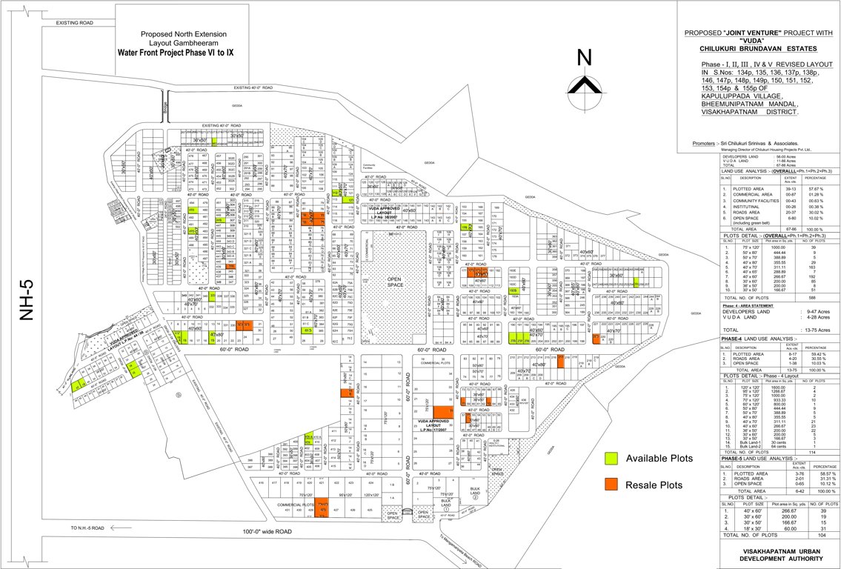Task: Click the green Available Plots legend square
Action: pos(611,458)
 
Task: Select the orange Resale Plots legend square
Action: pos(611,485)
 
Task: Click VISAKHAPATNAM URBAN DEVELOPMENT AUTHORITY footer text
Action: pos(780,554)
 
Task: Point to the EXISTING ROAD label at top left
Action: pos(75,24)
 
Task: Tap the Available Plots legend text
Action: pos(659,458)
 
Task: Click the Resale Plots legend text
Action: pos(654,485)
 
